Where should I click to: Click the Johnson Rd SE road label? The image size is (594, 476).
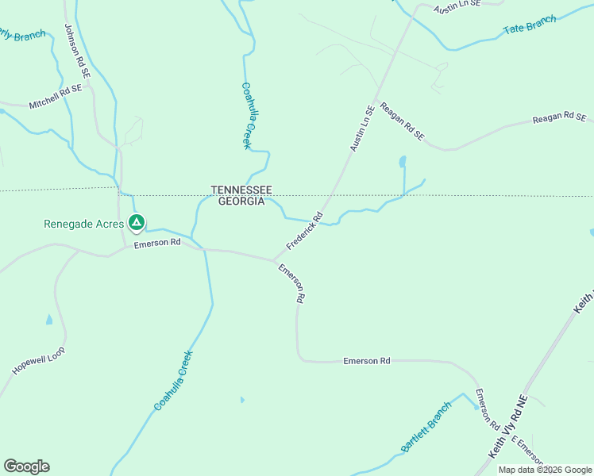(78, 52)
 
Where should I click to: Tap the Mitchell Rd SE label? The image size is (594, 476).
(56, 97)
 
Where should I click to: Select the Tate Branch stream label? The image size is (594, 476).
(530, 25)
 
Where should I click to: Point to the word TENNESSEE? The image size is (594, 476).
(241, 190)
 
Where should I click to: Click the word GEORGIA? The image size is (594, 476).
(237, 202)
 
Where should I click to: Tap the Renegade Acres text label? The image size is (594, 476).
(83, 224)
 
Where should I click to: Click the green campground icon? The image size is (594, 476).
(137, 224)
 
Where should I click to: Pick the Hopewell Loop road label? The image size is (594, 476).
(38, 361)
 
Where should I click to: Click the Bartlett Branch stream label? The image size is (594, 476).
(426, 426)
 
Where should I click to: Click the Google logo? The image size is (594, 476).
(26, 466)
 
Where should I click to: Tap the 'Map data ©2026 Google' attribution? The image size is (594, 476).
(545, 470)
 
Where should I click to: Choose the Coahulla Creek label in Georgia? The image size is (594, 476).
(173, 381)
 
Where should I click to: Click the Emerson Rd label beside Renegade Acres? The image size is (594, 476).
(157, 243)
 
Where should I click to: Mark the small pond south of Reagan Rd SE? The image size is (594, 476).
(403, 163)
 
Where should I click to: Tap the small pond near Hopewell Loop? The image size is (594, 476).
(49, 320)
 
